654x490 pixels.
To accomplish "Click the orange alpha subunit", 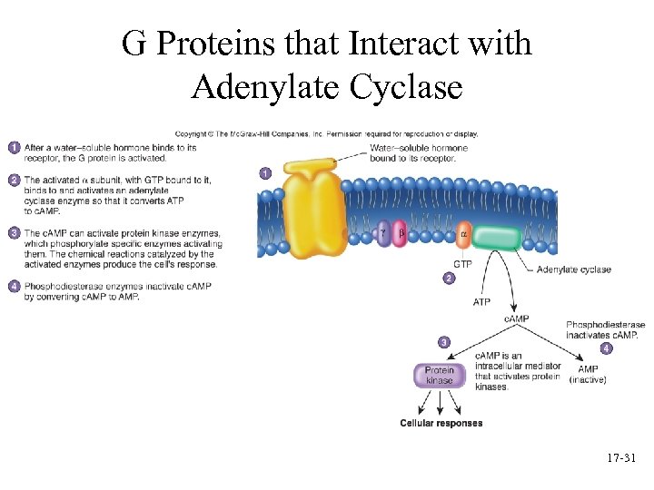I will (x=462, y=236).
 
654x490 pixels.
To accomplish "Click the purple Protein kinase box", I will (x=440, y=376).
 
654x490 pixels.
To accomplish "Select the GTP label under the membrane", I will (x=462, y=264).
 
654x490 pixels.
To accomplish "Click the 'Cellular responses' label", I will (x=441, y=423).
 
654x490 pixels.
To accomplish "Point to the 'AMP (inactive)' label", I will (x=588, y=375).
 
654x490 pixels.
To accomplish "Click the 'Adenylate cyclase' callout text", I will (x=574, y=269).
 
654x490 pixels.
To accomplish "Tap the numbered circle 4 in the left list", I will (x=14, y=287).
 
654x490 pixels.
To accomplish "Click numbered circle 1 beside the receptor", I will (x=264, y=172).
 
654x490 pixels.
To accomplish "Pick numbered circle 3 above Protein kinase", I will (x=443, y=341).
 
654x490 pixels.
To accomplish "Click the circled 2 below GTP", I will (x=448, y=279).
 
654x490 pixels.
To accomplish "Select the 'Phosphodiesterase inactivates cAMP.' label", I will (x=605, y=329).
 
